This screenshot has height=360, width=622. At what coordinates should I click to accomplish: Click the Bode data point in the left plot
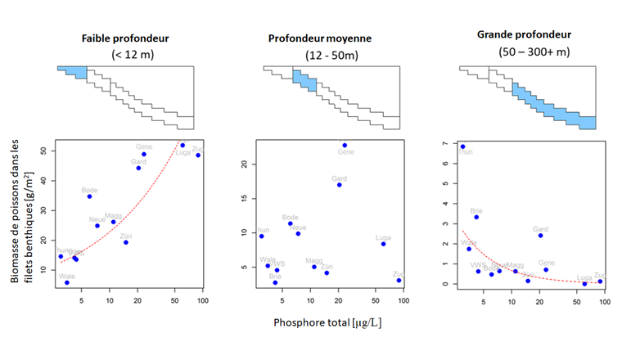[90, 196]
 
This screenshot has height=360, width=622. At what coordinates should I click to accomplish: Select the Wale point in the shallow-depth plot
[67, 283]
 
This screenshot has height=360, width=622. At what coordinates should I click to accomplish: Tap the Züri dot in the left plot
[125, 242]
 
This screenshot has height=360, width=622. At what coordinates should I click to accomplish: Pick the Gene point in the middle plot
[345, 146]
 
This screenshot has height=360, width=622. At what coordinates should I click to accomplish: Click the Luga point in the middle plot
[383, 244]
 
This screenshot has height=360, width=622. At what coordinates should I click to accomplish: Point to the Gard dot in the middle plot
[339, 185]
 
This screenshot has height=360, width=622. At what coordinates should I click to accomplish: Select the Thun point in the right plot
[462, 146]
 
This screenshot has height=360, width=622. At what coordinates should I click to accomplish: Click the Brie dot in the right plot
[476, 217]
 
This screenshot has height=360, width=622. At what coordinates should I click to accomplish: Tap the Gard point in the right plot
[540, 236]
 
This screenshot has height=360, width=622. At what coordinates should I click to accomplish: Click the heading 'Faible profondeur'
[125, 38]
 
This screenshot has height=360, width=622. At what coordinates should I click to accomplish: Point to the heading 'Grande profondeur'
[524, 35]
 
